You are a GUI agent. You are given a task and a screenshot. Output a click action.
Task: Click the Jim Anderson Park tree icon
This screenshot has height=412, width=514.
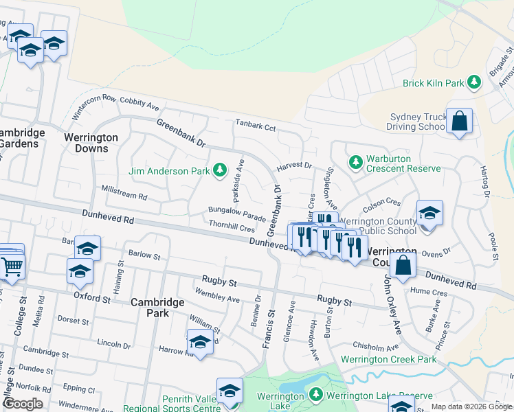(x=219, y=169)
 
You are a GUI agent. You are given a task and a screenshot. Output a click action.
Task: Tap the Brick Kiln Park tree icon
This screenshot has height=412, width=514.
(x=473, y=83)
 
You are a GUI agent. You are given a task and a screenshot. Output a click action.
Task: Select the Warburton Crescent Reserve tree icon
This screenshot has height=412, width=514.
(x=355, y=162)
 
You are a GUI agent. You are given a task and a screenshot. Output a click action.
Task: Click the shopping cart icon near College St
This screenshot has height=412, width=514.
(x=12, y=265)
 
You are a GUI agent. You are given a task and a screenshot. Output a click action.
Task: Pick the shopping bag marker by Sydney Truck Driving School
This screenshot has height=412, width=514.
(x=460, y=121)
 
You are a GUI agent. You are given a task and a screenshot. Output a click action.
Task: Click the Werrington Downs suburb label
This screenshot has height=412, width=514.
(x=91, y=143)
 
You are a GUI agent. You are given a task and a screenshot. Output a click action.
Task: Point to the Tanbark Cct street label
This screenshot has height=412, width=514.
(x=255, y=127)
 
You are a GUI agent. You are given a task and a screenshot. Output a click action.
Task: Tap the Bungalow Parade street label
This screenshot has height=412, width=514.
(x=237, y=214)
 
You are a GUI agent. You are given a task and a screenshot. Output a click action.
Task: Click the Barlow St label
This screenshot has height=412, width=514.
(x=144, y=256)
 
